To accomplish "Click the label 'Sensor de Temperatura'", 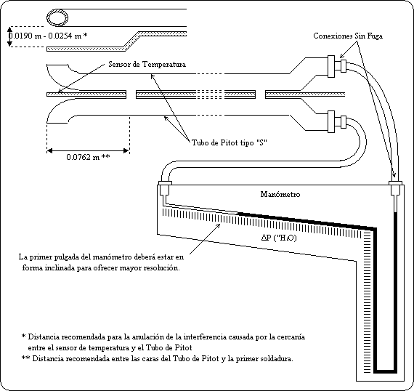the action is coord(147,64).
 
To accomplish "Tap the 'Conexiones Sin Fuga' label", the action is coord(348,36).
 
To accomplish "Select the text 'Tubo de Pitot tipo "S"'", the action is coord(230,142).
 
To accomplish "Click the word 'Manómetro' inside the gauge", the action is coord(280,194).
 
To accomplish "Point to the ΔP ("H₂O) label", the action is coord(279,238).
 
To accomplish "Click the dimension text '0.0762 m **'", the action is coord(88,157).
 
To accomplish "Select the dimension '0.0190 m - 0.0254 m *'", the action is coord(48,36).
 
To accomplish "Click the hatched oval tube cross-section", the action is coord(57,18).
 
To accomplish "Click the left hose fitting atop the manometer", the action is coord(166,188).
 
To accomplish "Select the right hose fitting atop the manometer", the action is coord(395,188).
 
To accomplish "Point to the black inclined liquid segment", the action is coord(307,221).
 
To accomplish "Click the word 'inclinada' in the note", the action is coord(60,267).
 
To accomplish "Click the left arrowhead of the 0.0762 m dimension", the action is coord(49,151).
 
